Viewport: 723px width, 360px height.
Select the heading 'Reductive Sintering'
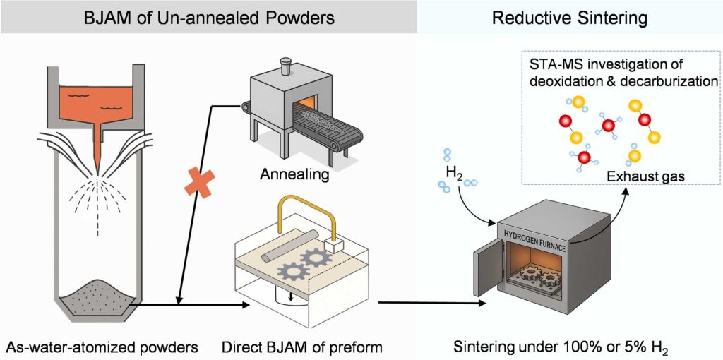click(x=570, y=17)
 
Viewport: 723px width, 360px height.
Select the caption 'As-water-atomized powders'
click(x=100, y=346)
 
